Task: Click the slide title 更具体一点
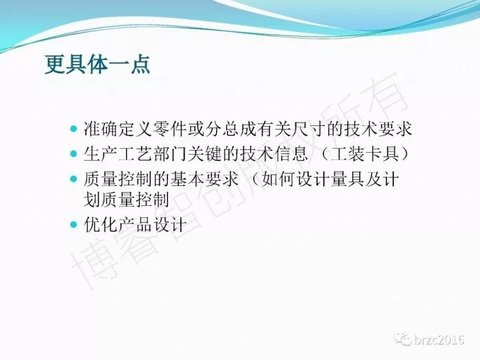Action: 97,64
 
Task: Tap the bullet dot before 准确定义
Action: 73,129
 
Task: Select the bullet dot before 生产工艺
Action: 73,153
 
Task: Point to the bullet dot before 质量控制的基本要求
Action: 73,179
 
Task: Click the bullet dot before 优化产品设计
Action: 73,225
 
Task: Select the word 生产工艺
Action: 118,154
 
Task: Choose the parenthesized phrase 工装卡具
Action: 365,154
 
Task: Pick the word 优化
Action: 101,225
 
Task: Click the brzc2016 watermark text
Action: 439,340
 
